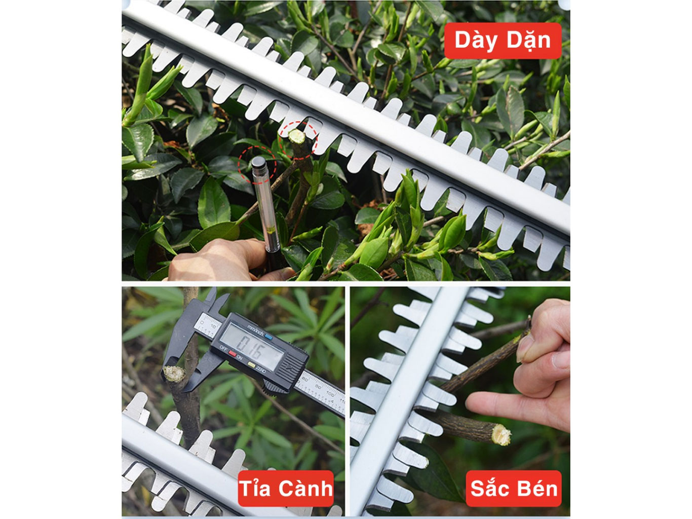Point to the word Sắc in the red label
pyautogui.click(x=488, y=489)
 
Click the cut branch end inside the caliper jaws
pyautogui.click(x=173, y=374)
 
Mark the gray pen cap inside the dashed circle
pyautogui.click(x=258, y=163)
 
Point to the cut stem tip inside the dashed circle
pyautogui.click(x=296, y=136)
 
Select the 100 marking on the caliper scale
pyautogui.click(x=330, y=395)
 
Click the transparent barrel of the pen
pyautogui.click(x=265, y=203)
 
